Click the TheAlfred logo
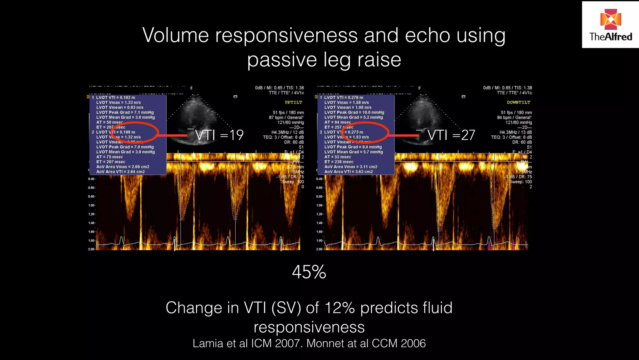coord(610,25)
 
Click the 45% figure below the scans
coord(309,272)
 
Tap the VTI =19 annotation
coord(219,135)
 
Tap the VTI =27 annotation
coord(451,135)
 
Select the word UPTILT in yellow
coord(293,102)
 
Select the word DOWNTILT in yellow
coord(519,102)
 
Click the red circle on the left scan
coord(135,132)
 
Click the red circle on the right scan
coord(365,132)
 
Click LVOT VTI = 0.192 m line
coord(115,97)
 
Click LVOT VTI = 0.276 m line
coord(344,97)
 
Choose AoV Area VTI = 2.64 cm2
coord(120,172)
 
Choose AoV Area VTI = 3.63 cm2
coord(349,172)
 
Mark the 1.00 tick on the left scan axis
coord(91,205)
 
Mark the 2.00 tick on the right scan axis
coord(319,249)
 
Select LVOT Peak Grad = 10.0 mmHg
coord(354,112)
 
